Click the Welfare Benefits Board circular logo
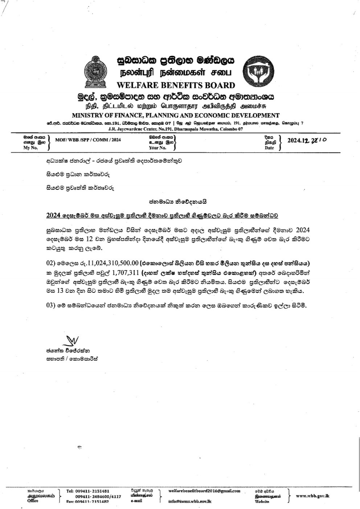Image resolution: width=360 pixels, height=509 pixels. [x=259, y=71]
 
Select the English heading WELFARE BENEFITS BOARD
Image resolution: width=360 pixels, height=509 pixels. [x=176, y=86]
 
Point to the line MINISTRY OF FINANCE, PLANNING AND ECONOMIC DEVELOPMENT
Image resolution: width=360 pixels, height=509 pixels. [x=176, y=115]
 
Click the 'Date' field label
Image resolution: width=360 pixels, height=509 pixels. [x=269, y=148]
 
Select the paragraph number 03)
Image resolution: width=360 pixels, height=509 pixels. [x=50, y=305]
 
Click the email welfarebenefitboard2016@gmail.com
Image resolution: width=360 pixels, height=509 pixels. [x=204, y=491]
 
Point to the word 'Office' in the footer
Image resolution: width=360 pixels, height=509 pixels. [x=33, y=501]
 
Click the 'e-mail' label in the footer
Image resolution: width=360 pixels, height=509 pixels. [x=136, y=501]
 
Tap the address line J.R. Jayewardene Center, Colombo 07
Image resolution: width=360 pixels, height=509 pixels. [x=176, y=129]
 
